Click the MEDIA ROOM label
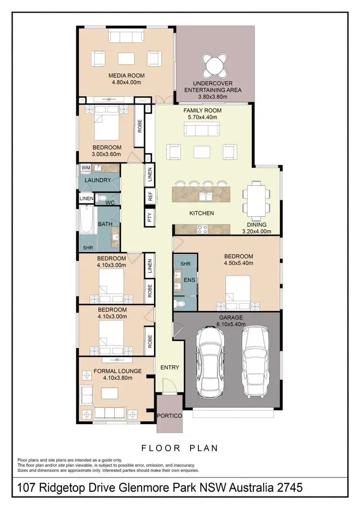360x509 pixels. pos(126,76)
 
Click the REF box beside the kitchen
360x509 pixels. pos(150,196)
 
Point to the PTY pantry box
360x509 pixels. pos(150,217)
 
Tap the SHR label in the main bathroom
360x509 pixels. pos(88,248)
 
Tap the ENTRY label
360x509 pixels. pos(169,367)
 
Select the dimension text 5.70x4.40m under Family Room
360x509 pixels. pos(202,117)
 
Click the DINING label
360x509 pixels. pos(257,225)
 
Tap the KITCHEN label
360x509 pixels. pos(202,213)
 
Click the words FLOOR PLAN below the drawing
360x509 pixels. pos(180,448)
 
